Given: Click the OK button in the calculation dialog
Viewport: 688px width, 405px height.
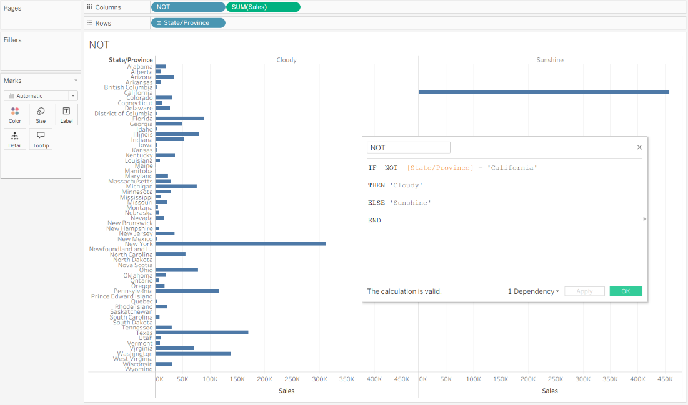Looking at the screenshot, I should (x=626, y=291).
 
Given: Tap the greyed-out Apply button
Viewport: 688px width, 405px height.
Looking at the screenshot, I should (x=584, y=291).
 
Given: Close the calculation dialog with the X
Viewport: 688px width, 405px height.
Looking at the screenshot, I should (x=639, y=147).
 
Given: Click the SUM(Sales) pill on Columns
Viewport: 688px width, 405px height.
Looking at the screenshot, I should (x=263, y=7).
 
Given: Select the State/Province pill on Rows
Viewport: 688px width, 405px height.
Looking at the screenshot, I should (x=188, y=23).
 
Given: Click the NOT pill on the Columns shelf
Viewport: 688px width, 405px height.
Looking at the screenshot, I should (x=187, y=7).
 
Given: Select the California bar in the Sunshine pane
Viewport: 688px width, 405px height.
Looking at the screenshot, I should (x=544, y=92).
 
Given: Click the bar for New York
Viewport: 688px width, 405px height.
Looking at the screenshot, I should (x=241, y=243).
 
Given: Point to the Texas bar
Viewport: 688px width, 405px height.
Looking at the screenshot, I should (x=202, y=333).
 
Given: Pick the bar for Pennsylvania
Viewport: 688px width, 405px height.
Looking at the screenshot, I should (x=187, y=291).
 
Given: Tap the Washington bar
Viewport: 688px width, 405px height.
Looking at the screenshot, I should (x=193, y=354).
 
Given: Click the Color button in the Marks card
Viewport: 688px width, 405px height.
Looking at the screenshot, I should (x=15, y=115).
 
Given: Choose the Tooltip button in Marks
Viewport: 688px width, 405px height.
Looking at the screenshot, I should (x=41, y=139).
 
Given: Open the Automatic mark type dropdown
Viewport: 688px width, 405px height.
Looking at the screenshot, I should (x=41, y=96).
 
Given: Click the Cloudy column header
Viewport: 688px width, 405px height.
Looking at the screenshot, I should (x=286, y=60).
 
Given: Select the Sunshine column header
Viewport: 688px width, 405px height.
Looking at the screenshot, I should (x=550, y=60).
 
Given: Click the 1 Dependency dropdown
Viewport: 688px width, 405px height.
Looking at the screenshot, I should (x=533, y=291).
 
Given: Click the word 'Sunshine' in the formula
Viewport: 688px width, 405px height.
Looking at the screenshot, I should (x=411, y=203).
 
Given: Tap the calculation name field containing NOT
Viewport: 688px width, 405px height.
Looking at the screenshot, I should (x=409, y=148).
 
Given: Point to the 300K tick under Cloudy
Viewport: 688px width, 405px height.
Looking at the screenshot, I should (x=319, y=379).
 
